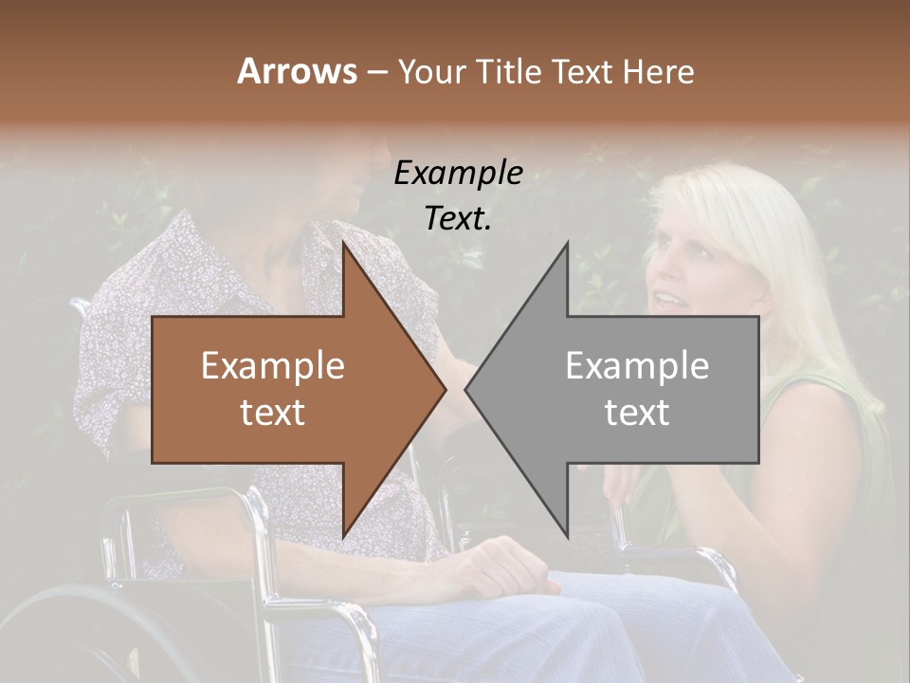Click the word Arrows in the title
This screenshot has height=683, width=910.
tap(297, 71)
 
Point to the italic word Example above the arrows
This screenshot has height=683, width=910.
tap(458, 174)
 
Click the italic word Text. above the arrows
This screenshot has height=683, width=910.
tap(458, 218)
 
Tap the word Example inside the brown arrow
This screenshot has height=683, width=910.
tap(272, 366)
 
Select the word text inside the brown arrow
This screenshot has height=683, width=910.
tap(272, 413)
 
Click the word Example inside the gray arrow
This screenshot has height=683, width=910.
tap(637, 366)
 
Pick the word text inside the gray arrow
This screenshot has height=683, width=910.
tap(637, 413)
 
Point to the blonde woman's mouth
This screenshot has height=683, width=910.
tap(667, 301)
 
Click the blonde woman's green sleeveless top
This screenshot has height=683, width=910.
tap(815, 446)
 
